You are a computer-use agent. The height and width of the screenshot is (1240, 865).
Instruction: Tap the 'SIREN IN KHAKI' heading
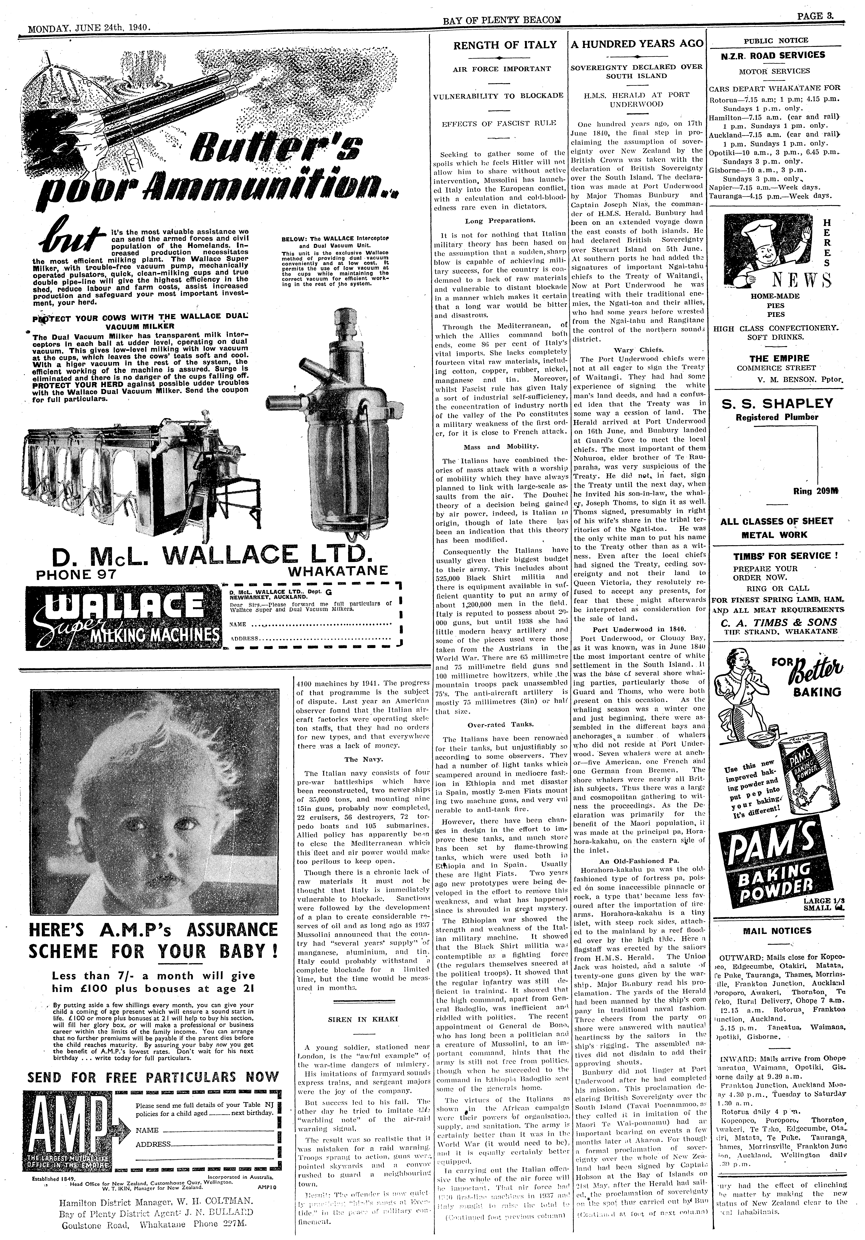tap(363, 1019)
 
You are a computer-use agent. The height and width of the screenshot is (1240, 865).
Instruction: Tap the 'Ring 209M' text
tap(812, 491)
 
